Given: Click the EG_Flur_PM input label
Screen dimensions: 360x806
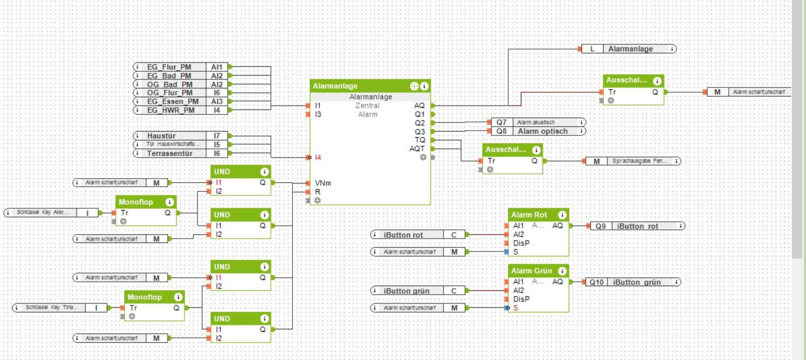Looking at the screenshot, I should click(169, 67).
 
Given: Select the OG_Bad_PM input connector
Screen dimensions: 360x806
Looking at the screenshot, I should click(169, 84).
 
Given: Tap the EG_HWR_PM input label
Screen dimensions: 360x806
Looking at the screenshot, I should click(169, 110).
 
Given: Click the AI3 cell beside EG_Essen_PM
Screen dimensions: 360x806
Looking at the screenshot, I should click(217, 101).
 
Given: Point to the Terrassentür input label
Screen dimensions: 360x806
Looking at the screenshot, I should click(169, 153).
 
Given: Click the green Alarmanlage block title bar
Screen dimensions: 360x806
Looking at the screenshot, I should click(359, 86).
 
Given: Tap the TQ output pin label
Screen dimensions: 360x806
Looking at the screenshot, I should click(420, 140).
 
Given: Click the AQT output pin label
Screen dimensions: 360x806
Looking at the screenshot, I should click(417, 148).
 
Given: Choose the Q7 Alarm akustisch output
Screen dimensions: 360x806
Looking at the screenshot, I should click(536, 123).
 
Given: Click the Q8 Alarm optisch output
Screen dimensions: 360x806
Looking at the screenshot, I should click(536, 131).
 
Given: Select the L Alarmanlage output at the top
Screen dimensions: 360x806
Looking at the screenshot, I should click(629, 49).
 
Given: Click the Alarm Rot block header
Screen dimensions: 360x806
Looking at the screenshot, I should click(530, 215).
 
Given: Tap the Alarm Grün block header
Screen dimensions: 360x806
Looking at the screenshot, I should click(531, 271).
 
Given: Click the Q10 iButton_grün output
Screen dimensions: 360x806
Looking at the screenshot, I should click(632, 282).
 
